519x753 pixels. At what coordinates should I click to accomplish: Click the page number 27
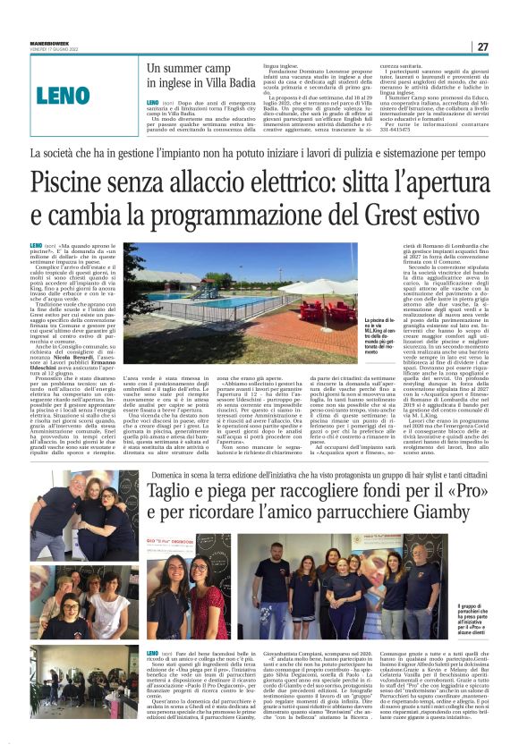click(481, 47)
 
